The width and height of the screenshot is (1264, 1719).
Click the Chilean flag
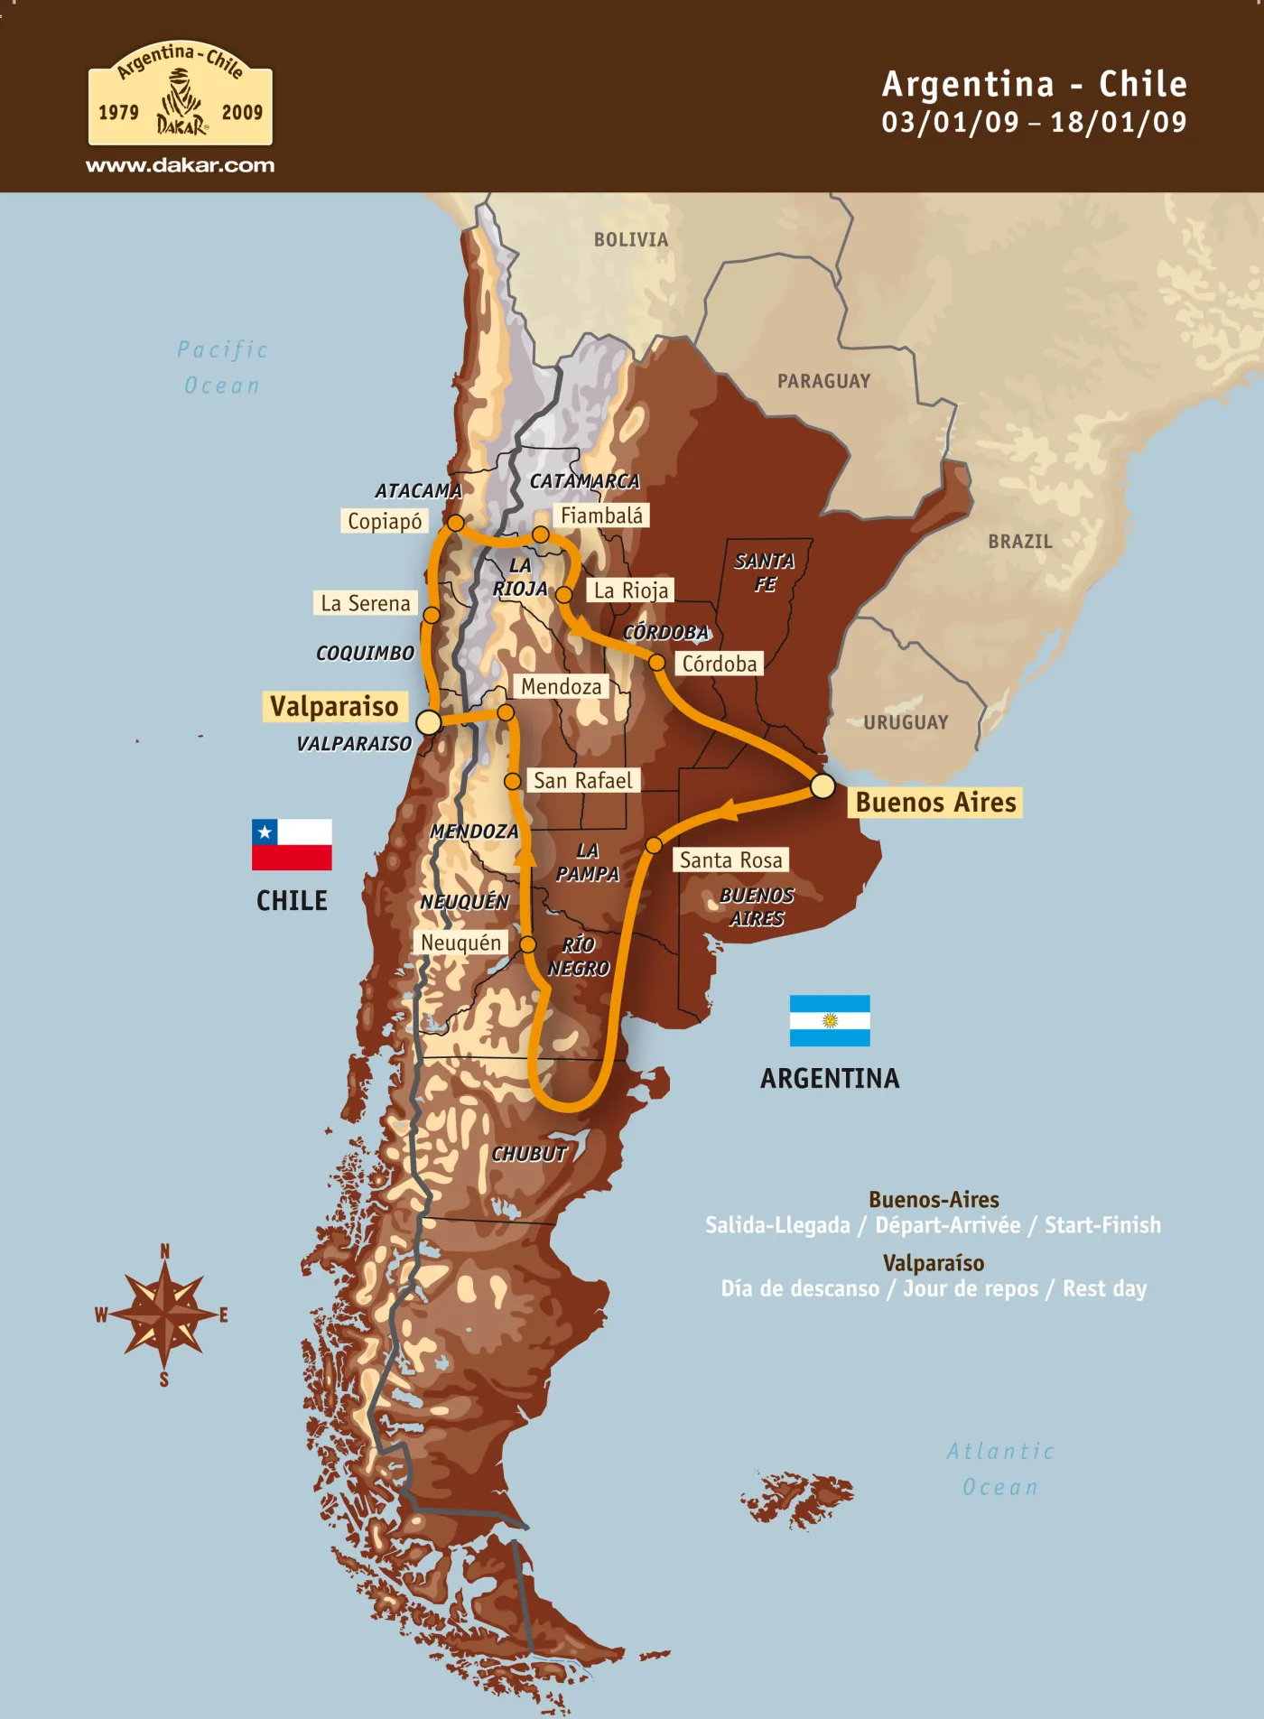(x=292, y=844)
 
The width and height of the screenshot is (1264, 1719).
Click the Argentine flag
(x=829, y=1020)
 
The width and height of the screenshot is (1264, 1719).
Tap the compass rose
(x=163, y=1315)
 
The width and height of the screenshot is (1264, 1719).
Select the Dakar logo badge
(x=181, y=95)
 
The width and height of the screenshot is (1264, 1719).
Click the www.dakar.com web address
(x=181, y=165)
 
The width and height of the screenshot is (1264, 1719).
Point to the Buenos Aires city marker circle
(x=822, y=785)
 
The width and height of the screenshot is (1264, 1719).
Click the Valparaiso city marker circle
(x=429, y=722)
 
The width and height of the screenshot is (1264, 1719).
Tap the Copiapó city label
(x=385, y=521)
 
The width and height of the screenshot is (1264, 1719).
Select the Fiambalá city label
(x=601, y=516)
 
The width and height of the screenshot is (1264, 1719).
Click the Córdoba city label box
(x=719, y=664)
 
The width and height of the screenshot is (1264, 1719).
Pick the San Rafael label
(x=582, y=780)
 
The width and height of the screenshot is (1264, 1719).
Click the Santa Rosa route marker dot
(x=654, y=846)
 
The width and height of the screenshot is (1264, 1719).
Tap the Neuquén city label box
(x=460, y=943)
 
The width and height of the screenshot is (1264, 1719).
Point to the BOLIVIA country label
(x=631, y=239)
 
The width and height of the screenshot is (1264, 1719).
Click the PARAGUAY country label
(x=823, y=381)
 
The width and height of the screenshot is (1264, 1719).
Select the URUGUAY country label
(x=906, y=722)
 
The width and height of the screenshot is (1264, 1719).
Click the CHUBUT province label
(x=529, y=1153)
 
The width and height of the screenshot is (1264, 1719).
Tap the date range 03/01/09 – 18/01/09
(x=1034, y=122)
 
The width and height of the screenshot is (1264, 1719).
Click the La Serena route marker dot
(x=432, y=615)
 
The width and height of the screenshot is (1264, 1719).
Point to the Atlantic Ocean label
(x=1000, y=1469)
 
